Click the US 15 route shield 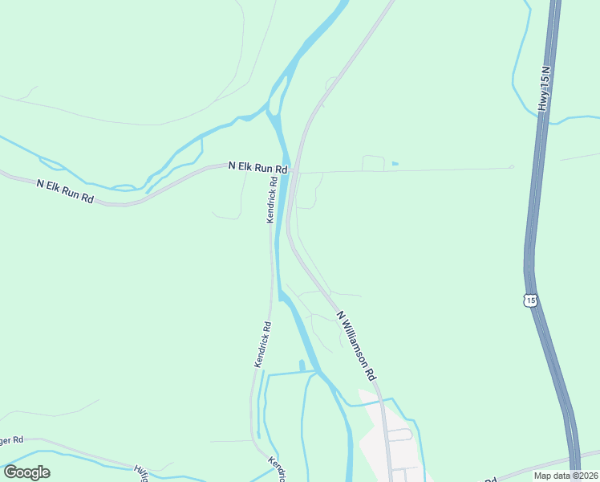click(x=529, y=300)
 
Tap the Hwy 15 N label click(x=545, y=89)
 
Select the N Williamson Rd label click(x=356, y=346)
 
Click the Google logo click(x=26, y=472)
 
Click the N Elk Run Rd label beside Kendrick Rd click(x=257, y=168)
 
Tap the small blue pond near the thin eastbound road click(x=395, y=164)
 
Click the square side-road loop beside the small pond click(x=374, y=162)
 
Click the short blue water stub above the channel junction click(x=302, y=366)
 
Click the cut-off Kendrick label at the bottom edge click(x=277, y=471)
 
